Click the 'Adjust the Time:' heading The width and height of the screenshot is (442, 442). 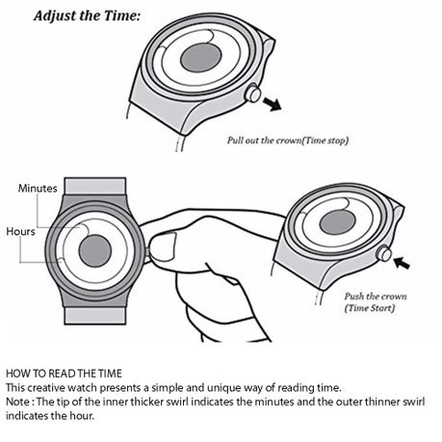point(87,15)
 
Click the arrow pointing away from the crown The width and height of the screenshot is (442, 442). point(272,104)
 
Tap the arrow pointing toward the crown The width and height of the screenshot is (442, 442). point(402,263)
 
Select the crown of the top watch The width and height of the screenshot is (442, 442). point(253,93)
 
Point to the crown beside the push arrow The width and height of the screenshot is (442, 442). point(384,253)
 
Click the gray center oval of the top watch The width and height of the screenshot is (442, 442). point(201,58)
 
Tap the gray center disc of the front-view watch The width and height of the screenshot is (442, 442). point(95,250)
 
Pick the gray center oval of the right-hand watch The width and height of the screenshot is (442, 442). point(338,222)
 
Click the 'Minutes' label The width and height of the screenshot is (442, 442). point(38,188)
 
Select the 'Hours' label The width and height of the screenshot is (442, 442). point(20,231)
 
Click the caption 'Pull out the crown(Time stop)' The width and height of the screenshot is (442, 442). point(288,141)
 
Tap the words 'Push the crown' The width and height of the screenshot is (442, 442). point(376,297)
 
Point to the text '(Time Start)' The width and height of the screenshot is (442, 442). point(370,308)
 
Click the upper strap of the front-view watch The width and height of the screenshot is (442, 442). point(95,186)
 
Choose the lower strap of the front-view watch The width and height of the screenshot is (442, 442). point(95,316)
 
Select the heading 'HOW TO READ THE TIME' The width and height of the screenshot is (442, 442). point(64,374)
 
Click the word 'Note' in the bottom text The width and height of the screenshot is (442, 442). point(17,402)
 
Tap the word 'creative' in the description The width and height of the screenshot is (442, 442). point(46,388)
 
